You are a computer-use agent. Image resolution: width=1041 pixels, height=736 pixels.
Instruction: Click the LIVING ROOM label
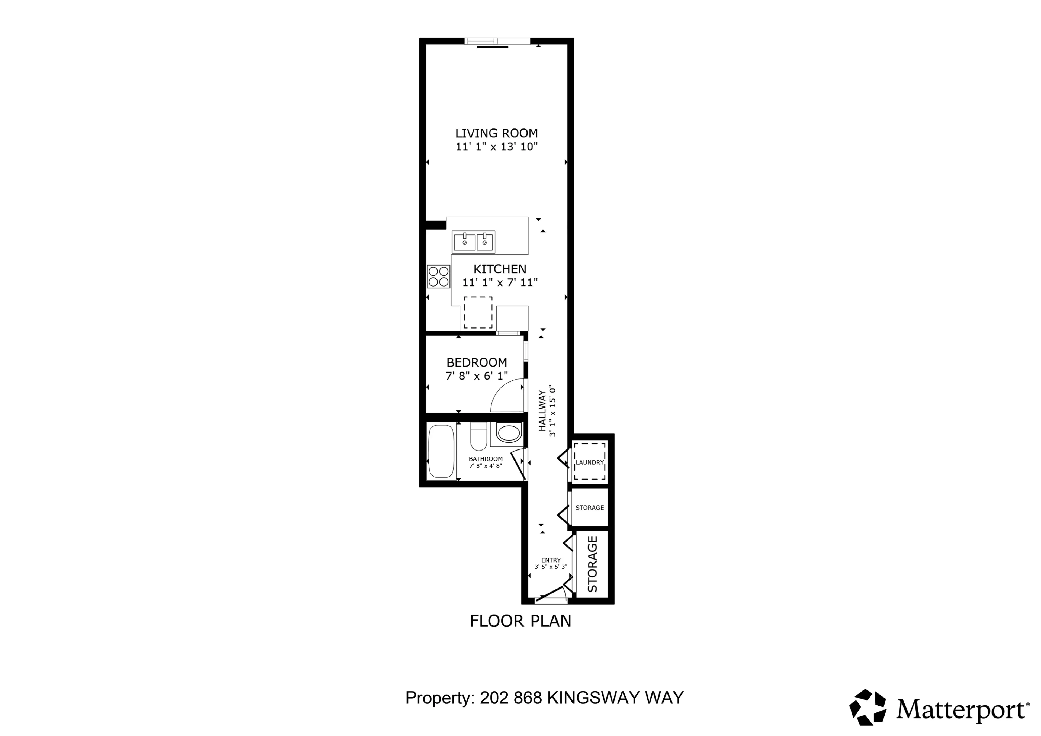point(496,133)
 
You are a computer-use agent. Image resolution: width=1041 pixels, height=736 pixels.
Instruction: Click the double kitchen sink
point(473,242)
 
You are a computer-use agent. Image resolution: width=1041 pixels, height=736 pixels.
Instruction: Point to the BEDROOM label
point(477,362)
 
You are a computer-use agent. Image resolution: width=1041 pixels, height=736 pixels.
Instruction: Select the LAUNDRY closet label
point(589,462)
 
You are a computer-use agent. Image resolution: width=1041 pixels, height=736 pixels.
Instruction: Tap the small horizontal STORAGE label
point(589,507)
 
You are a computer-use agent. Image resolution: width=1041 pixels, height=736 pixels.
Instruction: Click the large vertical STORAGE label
point(593,564)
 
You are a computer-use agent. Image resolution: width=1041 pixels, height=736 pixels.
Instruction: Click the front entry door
point(550,595)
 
